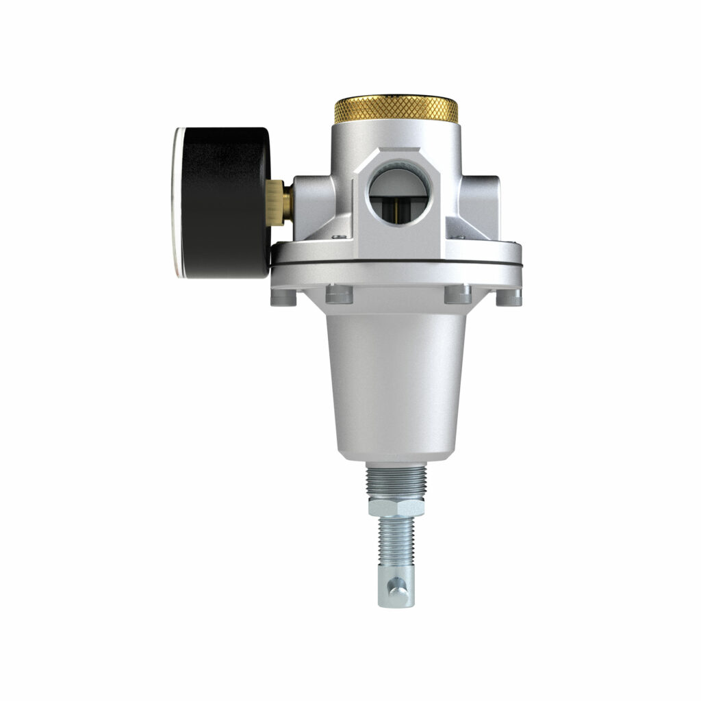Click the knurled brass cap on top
pyautogui.click(x=396, y=110)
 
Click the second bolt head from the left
pyautogui.click(x=339, y=294)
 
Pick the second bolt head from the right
pyautogui.click(x=457, y=294)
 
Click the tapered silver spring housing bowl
pyautogui.click(x=397, y=383)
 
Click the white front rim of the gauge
pyautogui.click(x=176, y=202)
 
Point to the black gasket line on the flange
pyautogui.click(x=397, y=266)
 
